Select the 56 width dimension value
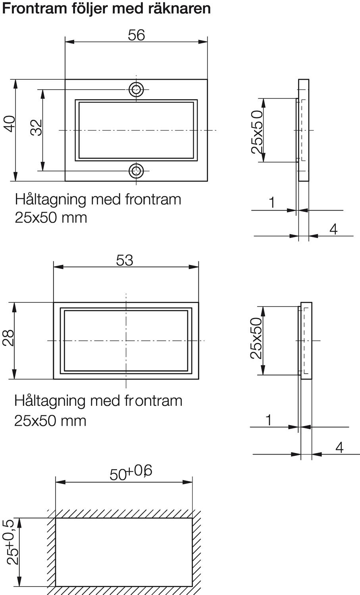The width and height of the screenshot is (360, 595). pos(136,35)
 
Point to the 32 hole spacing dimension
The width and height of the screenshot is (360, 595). pos(37,127)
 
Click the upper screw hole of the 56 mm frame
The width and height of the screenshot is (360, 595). pos(136,89)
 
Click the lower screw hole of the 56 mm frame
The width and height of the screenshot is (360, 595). pos(136,171)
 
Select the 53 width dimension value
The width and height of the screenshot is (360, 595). pos(125,261)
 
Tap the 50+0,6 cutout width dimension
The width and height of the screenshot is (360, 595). pos(131,472)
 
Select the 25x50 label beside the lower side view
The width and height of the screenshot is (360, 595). pos(256,338)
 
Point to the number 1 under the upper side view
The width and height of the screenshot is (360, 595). pos(272,203)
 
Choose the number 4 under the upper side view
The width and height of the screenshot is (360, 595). pos(333,229)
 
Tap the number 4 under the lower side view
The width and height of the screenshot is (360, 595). pos(339,447)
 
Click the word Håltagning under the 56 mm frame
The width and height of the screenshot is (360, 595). pos(51,199)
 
